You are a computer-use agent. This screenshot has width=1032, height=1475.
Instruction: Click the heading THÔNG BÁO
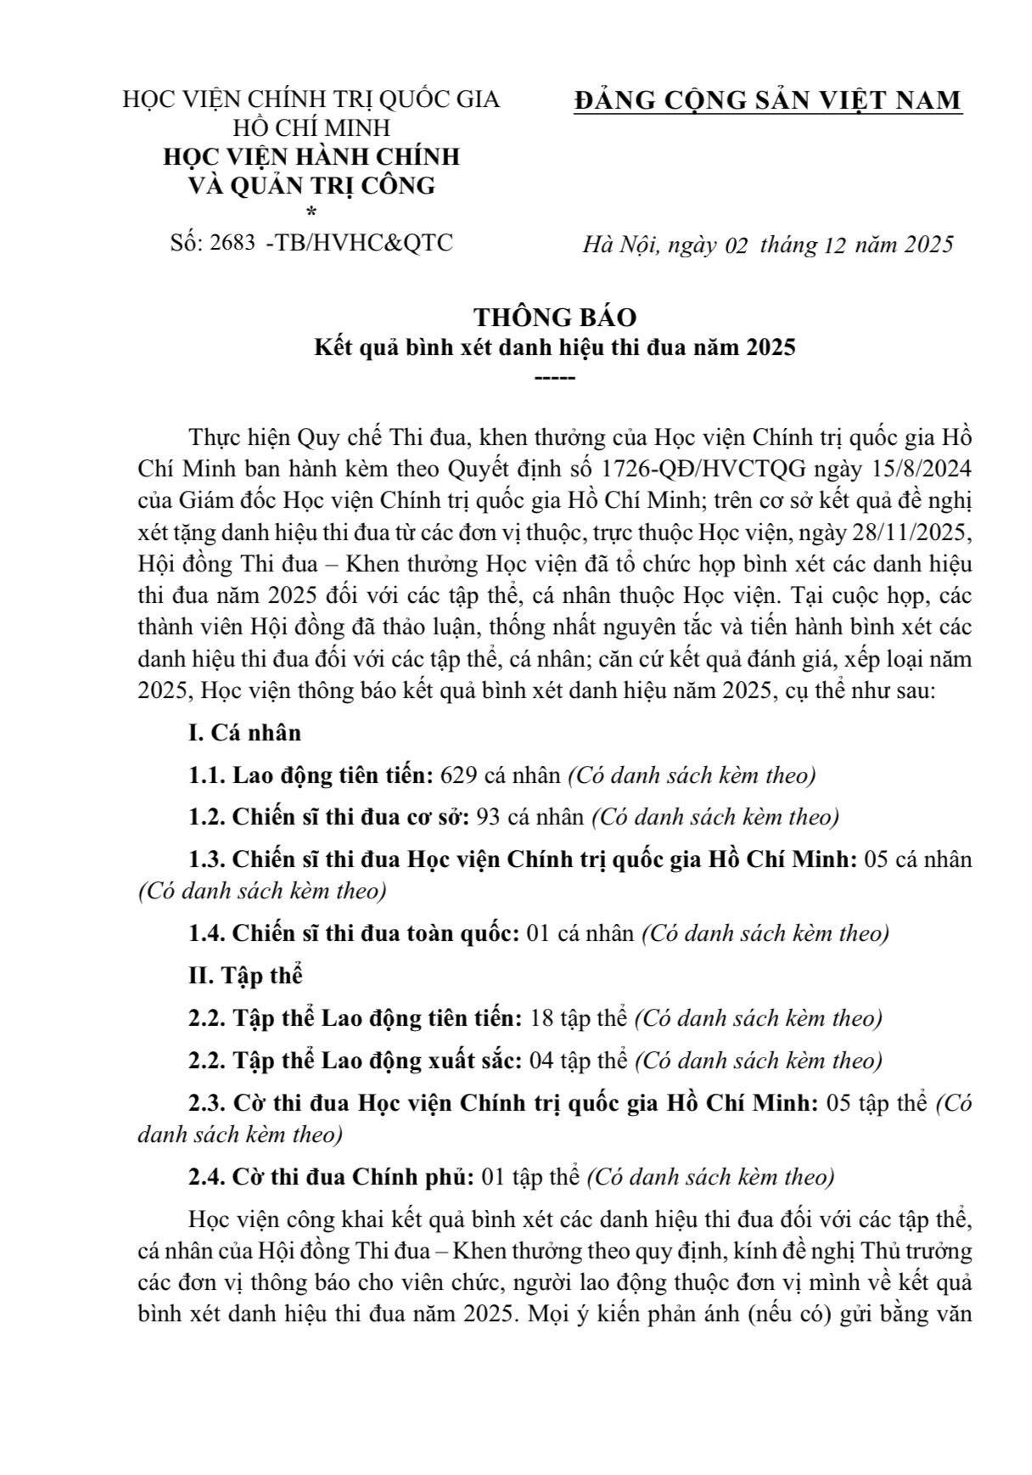(x=554, y=317)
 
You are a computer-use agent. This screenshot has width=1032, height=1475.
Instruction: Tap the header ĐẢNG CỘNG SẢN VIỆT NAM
(x=767, y=100)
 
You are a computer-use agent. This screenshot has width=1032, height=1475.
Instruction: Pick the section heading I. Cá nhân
(x=244, y=733)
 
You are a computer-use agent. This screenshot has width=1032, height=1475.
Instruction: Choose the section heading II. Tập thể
(x=245, y=976)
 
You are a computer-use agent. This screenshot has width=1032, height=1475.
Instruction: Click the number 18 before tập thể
(x=541, y=1018)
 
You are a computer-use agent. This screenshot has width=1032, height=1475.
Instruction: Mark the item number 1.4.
(x=206, y=933)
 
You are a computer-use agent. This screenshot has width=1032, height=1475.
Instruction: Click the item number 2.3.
(x=206, y=1103)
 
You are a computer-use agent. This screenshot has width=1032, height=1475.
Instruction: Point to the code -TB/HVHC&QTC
(x=359, y=243)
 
